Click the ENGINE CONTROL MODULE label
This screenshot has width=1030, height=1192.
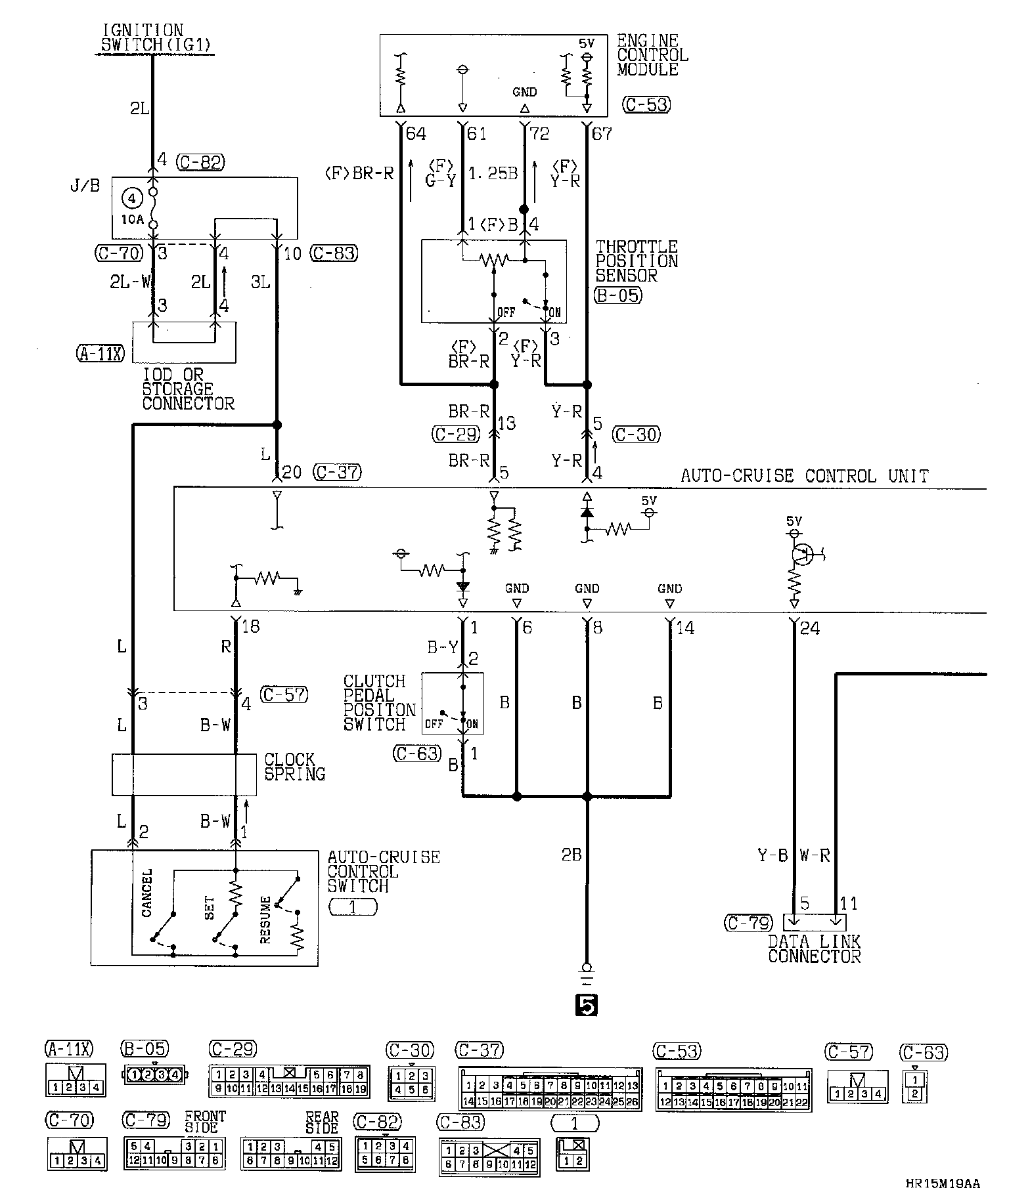(652, 55)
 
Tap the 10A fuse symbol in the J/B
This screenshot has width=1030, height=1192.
(153, 207)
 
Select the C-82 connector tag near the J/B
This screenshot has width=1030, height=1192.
(201, 162)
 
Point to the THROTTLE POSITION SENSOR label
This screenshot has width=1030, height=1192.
(636, 261)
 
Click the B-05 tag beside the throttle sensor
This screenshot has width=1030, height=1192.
(617, 295)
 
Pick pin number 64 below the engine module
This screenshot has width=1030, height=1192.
(416, 135)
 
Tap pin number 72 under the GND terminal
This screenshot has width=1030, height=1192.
(539, 135)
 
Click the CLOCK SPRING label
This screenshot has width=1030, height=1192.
(294, 767)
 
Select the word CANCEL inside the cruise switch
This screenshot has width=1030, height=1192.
(146, 893)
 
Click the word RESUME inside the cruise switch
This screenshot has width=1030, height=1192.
(265, 920)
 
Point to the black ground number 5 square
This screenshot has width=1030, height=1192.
(586, 1005)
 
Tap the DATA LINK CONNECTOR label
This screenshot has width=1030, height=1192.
(814, 949)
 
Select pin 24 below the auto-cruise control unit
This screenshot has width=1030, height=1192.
(809, 628)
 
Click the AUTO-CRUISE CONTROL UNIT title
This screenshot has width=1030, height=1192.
(805, 476)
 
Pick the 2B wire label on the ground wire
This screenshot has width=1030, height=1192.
(571, 855)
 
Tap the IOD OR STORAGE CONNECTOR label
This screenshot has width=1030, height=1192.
(188, 389)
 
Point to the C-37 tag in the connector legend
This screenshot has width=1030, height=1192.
(480, 1051)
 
